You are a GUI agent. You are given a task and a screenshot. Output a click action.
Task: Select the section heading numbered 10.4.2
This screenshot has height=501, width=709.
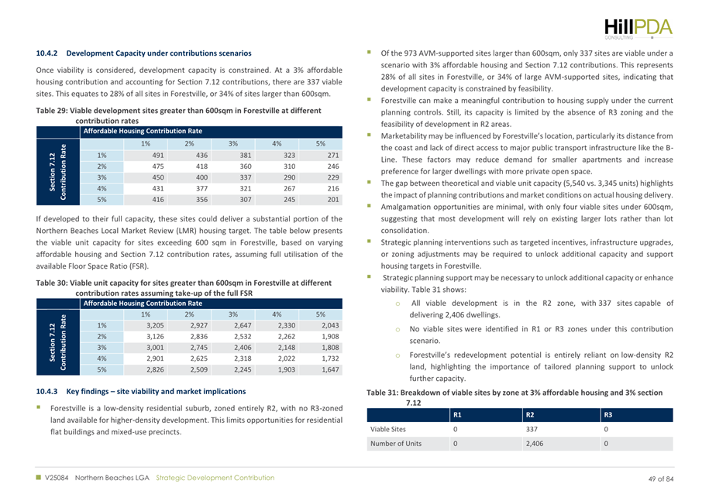(143, 53)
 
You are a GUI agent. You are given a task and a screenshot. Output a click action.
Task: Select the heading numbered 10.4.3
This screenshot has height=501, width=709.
(147, 382)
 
